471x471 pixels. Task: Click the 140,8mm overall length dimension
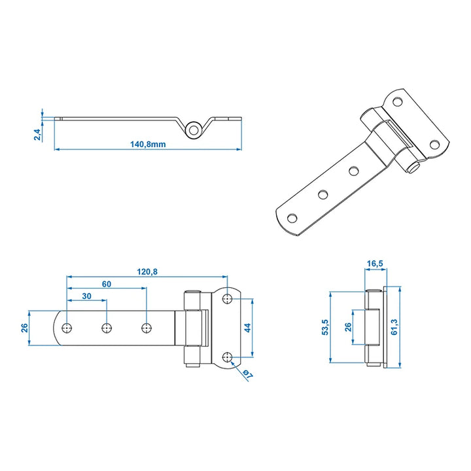point(148,144)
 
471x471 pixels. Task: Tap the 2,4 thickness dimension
point(37,134)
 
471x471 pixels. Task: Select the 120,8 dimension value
point(147,272)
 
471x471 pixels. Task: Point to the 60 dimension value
point(107,284)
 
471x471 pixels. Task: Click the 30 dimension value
point(86,296)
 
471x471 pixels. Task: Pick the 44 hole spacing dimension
point(247,328)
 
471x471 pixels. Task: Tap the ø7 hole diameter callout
point(248,374)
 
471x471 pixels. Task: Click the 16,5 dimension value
point(375,264)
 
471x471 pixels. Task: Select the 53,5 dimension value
point(325,327)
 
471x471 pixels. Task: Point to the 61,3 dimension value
point(394,327)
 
